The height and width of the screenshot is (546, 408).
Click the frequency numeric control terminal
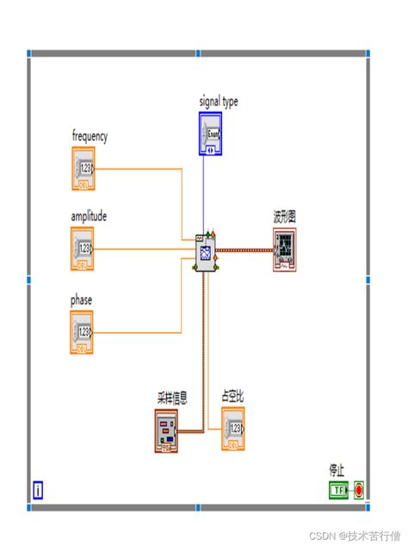83,168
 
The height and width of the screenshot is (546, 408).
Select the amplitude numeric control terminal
83,249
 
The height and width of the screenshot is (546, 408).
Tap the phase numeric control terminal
83,332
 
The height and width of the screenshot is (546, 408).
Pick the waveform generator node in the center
206,252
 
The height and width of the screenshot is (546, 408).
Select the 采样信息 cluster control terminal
166,429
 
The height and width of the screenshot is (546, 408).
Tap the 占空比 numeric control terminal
233,428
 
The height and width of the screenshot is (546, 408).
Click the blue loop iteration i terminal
38,491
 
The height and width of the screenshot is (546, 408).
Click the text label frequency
90,136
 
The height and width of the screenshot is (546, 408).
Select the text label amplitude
89,217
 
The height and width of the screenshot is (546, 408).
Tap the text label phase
82,300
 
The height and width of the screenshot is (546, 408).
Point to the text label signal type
219,101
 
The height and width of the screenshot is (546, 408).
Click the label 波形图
285,217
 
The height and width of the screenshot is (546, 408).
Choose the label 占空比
233,396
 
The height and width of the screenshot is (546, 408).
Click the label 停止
337,470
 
